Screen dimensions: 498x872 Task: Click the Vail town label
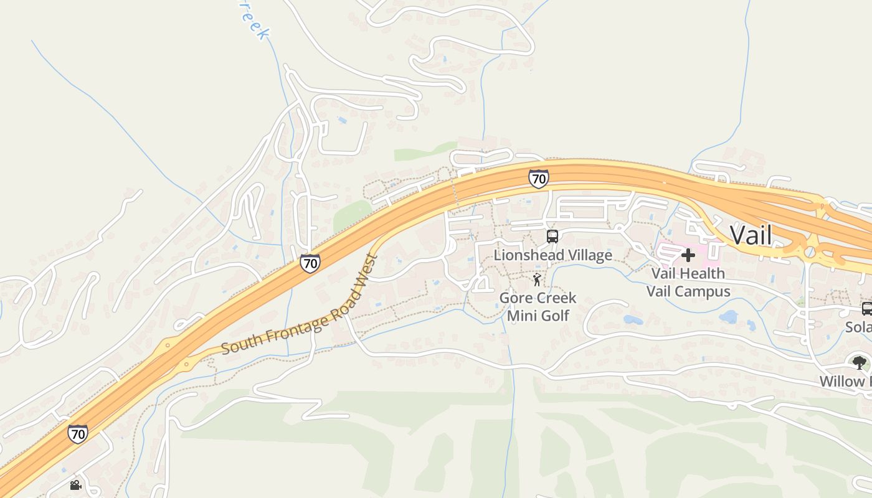coord(751,235)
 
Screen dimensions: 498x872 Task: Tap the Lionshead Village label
coord(552,255)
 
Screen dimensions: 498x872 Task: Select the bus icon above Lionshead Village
coord(552,237)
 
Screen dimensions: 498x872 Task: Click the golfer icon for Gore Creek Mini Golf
coord(537,280)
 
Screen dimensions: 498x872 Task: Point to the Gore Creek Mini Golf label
coord(538,306)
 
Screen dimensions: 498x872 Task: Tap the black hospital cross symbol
coord(688,255)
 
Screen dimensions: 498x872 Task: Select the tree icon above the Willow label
coord(860,362)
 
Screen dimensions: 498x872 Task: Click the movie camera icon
coord(75,485)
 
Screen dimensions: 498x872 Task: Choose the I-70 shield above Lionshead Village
coord(539,179)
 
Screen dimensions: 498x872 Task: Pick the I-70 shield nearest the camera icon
coord(78,433)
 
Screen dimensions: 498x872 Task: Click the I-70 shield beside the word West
coord(310,263)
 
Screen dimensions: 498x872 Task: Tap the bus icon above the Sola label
coord(866,308)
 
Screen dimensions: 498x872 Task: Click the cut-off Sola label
coord(858,327)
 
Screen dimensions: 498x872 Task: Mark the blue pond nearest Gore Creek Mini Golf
coord(633,320)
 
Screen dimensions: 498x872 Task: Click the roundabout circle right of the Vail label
coord(809,252)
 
